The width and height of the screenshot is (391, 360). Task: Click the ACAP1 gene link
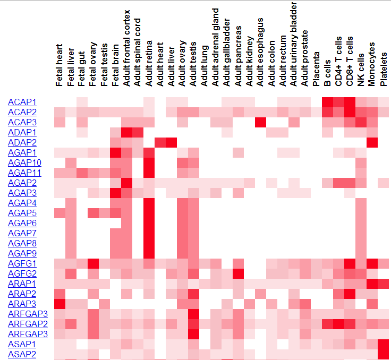22,102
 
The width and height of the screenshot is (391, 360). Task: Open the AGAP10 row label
24,162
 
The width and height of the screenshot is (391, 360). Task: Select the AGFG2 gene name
22,273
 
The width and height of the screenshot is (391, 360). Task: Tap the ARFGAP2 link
28,324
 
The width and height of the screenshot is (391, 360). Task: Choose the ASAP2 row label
22,354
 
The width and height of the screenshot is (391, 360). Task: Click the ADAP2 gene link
22,142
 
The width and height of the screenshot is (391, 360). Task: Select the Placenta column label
317,69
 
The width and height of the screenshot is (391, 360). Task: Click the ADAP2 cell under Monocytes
372,142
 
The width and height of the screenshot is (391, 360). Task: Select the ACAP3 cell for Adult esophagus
260,122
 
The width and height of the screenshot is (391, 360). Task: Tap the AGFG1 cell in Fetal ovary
93,263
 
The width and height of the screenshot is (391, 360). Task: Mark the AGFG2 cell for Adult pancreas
238,273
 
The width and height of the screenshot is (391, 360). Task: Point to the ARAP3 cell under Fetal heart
59,304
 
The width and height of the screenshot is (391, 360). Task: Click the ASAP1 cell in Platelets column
384,344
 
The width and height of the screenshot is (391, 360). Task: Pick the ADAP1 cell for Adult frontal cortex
126,132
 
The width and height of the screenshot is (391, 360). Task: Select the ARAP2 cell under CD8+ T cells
350,294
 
